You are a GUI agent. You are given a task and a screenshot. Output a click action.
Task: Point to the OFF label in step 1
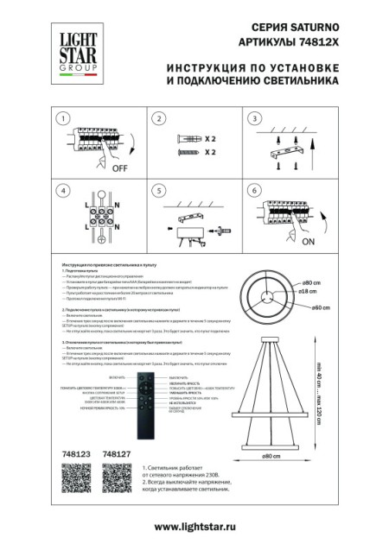tap(119, 169)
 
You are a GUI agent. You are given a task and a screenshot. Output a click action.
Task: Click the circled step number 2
tap(157, 118)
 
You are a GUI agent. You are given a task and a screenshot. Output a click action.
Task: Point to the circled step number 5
tap(157, 190)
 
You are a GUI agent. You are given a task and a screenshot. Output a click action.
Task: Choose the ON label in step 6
tap(310, 243)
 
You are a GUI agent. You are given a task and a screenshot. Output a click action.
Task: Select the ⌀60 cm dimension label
tap(322, 307)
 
